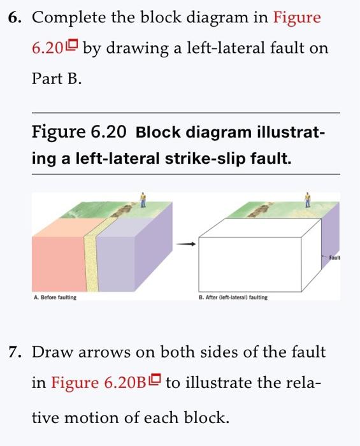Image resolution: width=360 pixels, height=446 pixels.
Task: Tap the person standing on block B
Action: click(308, 199)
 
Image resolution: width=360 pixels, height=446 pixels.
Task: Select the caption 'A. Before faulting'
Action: click(55, 298)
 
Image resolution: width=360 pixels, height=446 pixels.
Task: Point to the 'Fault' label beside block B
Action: click(336, 257)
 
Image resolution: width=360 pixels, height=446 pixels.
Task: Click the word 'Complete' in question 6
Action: click(64, 17)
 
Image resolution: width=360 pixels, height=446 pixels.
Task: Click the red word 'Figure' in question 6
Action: click(297, 17)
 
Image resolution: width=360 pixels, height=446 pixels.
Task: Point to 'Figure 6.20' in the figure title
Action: click(78, 133)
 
